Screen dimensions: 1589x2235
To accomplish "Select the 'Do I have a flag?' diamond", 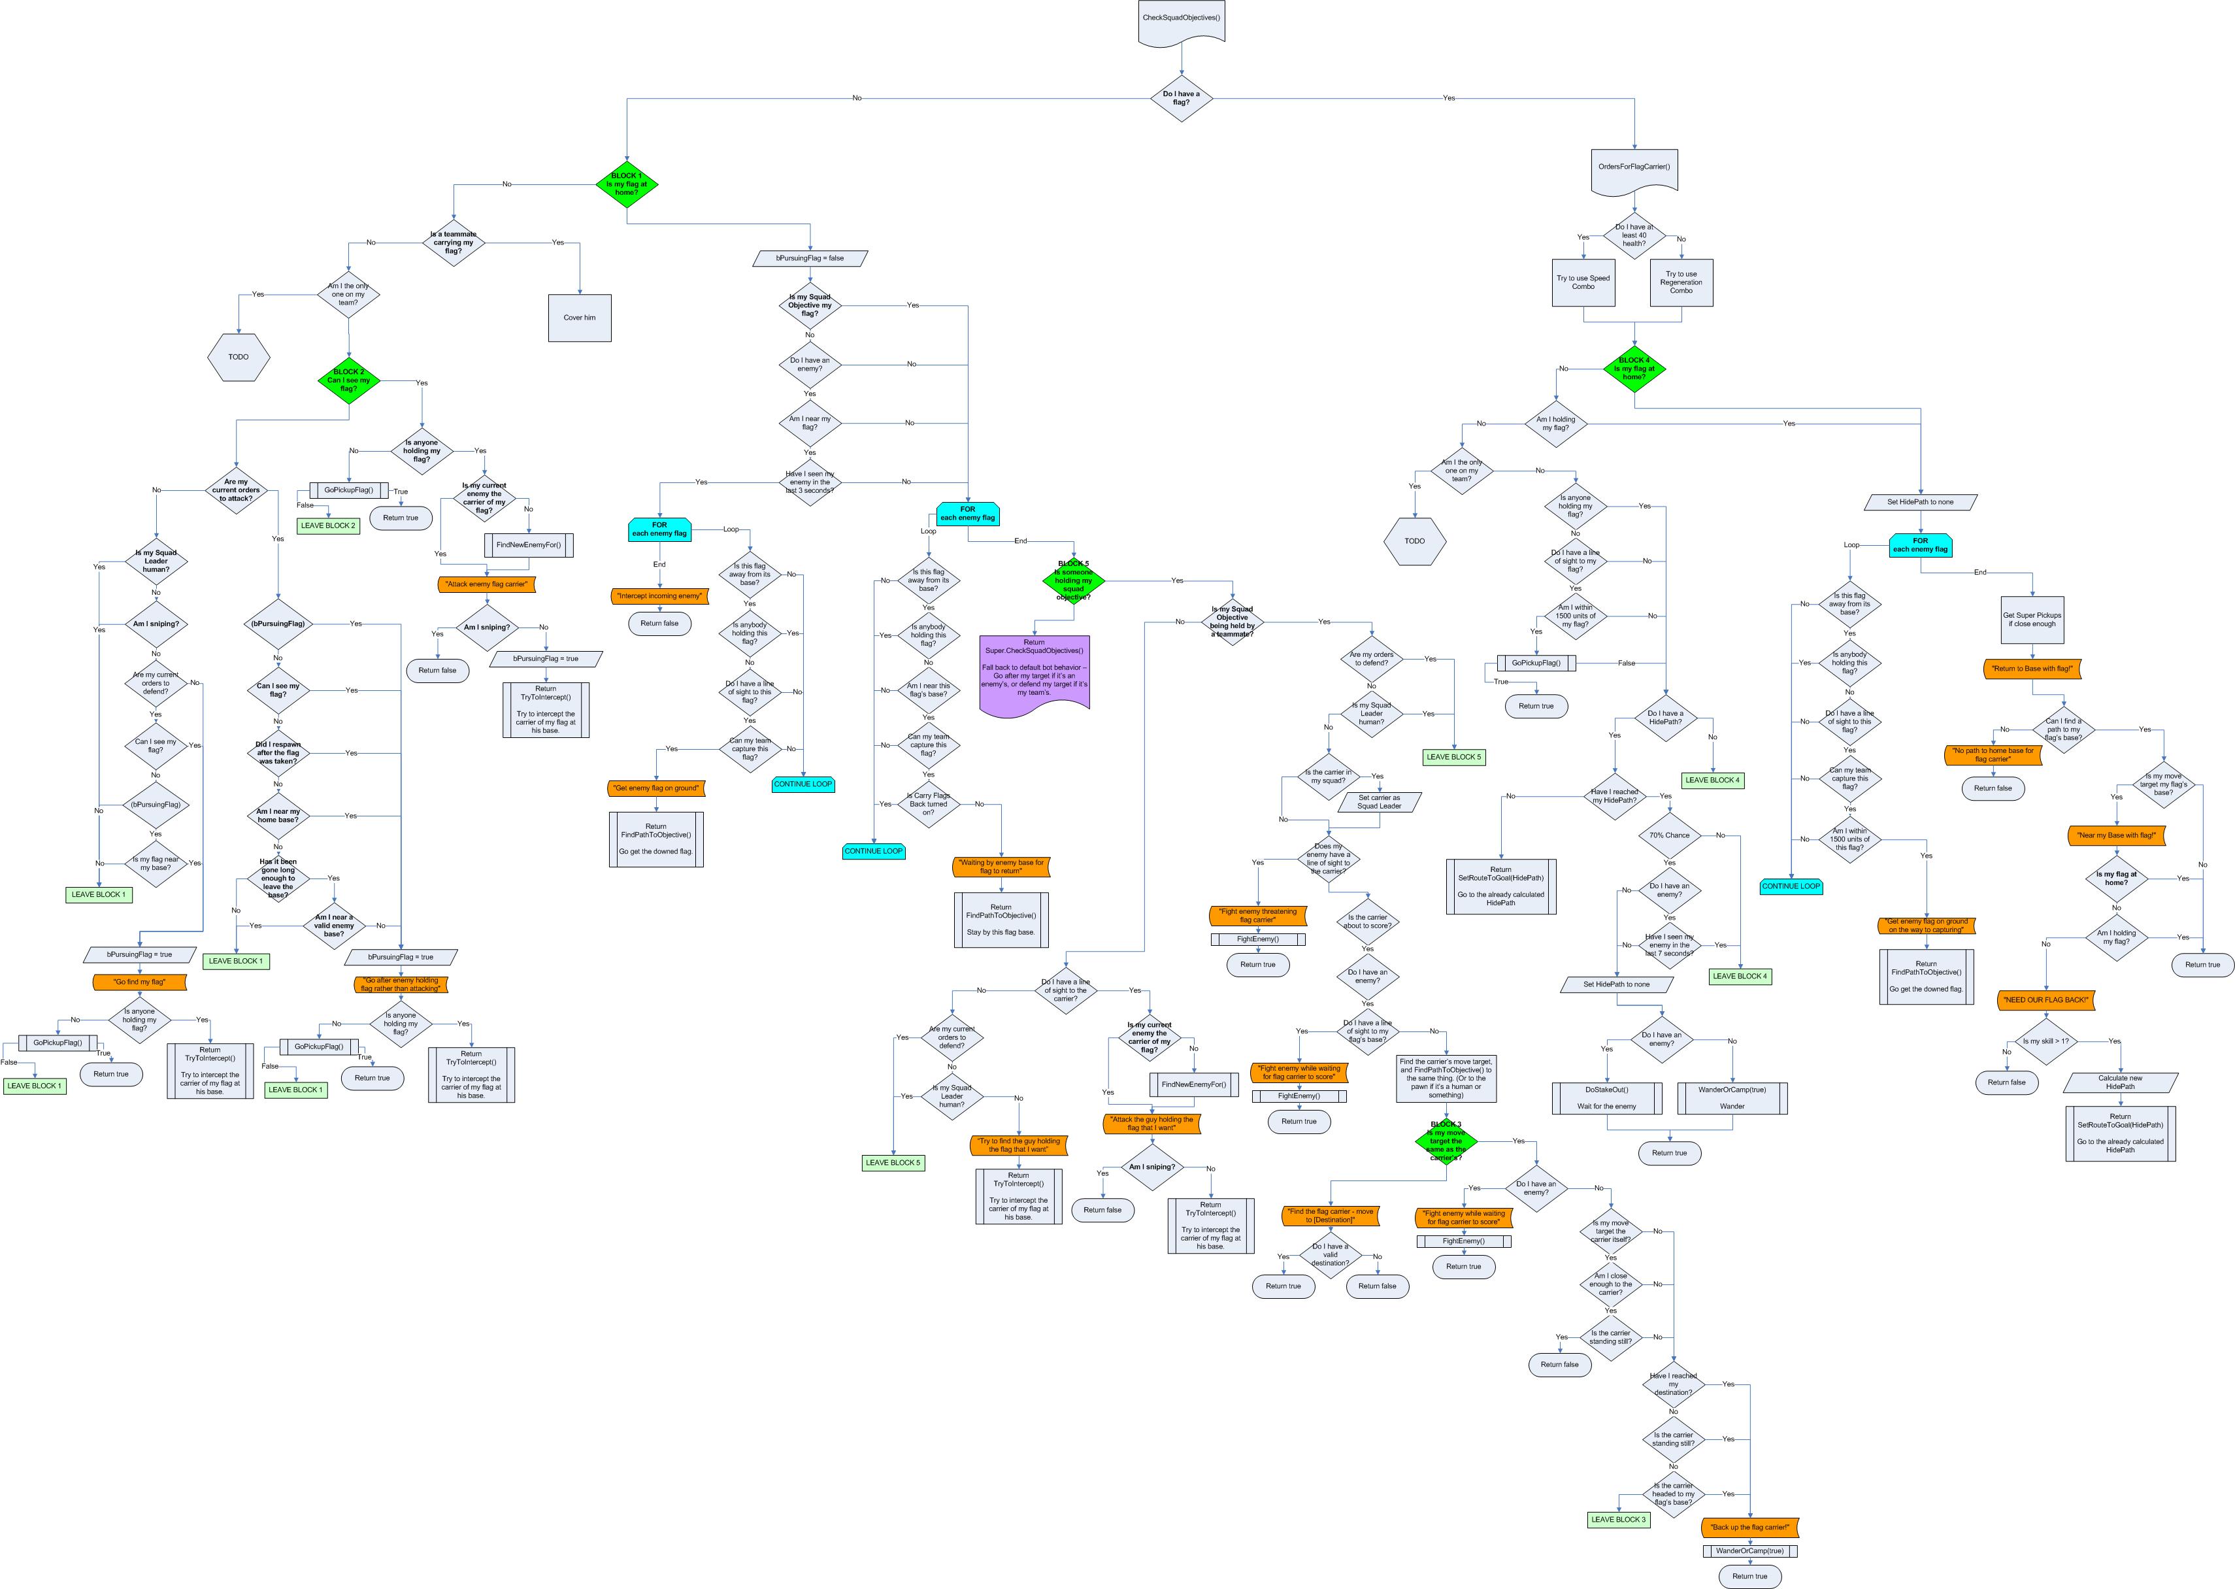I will (x=1181, y=98).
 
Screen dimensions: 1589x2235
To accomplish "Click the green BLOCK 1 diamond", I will (x=626, y=184).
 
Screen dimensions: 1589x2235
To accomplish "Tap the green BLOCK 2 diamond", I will (x=348, y=380).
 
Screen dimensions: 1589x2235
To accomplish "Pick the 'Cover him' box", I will (x=579, y=317).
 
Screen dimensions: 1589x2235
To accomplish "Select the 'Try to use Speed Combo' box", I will (x=1583, y=282).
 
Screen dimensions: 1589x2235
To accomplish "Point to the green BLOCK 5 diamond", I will (x=1073, y=580).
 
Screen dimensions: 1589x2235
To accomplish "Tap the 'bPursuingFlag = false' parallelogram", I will (x=810, y=258).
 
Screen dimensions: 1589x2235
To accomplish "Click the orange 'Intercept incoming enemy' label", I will (x=659, y=596).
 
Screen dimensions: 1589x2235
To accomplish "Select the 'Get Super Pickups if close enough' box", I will (x=2032, y=620).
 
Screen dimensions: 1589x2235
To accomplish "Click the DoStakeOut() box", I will (x=1606, y=1097).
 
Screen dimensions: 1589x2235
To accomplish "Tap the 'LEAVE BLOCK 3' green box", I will (x=1618, y=1520).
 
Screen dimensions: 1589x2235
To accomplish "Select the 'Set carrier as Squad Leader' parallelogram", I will (x=1378, y=801).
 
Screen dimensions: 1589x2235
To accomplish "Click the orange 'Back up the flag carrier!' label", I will (x=1750, y=1526).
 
